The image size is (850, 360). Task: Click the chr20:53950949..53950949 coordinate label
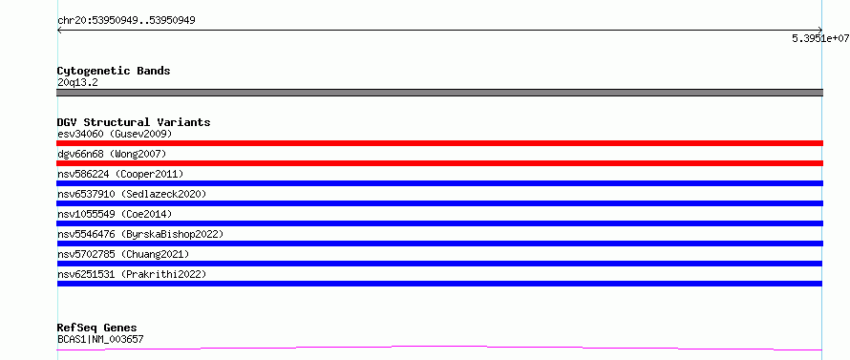point(126,21)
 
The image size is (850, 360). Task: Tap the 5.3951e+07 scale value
point(820,38)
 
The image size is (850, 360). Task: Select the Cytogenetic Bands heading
point(114,71)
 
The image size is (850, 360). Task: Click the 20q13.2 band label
point(77,83)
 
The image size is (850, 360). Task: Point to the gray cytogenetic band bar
point(439,93)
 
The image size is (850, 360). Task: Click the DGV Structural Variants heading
point(134,122)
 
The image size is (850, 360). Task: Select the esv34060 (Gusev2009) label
point(115,134)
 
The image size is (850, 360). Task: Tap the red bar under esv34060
point(439,143)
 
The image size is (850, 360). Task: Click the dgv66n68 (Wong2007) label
point(112,155)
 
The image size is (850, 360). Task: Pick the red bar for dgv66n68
point(439,163)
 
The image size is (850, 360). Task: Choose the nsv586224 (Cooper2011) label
point(120,174)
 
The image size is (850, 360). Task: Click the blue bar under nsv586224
point(439,183)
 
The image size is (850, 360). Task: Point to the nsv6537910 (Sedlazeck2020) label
point(132,194)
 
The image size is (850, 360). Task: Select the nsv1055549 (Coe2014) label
point(115,214)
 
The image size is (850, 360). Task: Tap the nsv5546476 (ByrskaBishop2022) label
point(140,234)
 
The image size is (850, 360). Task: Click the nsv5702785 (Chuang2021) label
point(123,254)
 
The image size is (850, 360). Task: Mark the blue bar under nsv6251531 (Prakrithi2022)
point(439,284)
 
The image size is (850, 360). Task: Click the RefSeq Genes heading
point(97,328)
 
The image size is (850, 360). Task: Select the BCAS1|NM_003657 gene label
point(100,340)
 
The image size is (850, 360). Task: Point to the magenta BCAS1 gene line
point(439,346)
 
